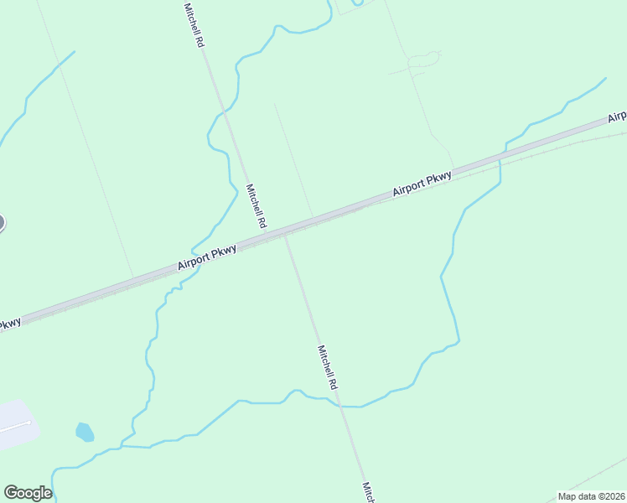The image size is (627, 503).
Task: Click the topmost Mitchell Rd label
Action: click(194, 23)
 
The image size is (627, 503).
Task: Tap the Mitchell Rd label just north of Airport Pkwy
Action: click(256, 206)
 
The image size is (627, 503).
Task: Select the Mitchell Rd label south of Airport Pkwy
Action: click(327, 367)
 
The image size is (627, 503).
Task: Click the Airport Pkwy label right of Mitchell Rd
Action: click(422, 184)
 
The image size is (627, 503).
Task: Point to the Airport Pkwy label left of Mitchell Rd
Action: click(208, 257)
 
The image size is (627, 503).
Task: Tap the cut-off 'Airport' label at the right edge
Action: click(617, 117)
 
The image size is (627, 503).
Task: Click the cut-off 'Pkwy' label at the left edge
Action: click(8, 324)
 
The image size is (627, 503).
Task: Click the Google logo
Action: click(28, 493)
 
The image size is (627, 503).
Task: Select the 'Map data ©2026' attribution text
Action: click(591, 496)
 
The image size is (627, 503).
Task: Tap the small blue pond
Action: click(84, 432)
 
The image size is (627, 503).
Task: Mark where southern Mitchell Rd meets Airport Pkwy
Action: click(286, 236)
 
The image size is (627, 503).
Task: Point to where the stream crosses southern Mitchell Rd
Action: click(339, 406)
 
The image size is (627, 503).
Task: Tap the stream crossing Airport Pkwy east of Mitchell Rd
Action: click(500, 157)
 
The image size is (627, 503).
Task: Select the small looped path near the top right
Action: click(424, 60)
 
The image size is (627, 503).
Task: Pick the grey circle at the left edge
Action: click(2, 223)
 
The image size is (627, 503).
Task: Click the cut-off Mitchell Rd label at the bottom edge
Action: click(367, 492)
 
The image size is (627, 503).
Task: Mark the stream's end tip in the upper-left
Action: click(74, 52)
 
